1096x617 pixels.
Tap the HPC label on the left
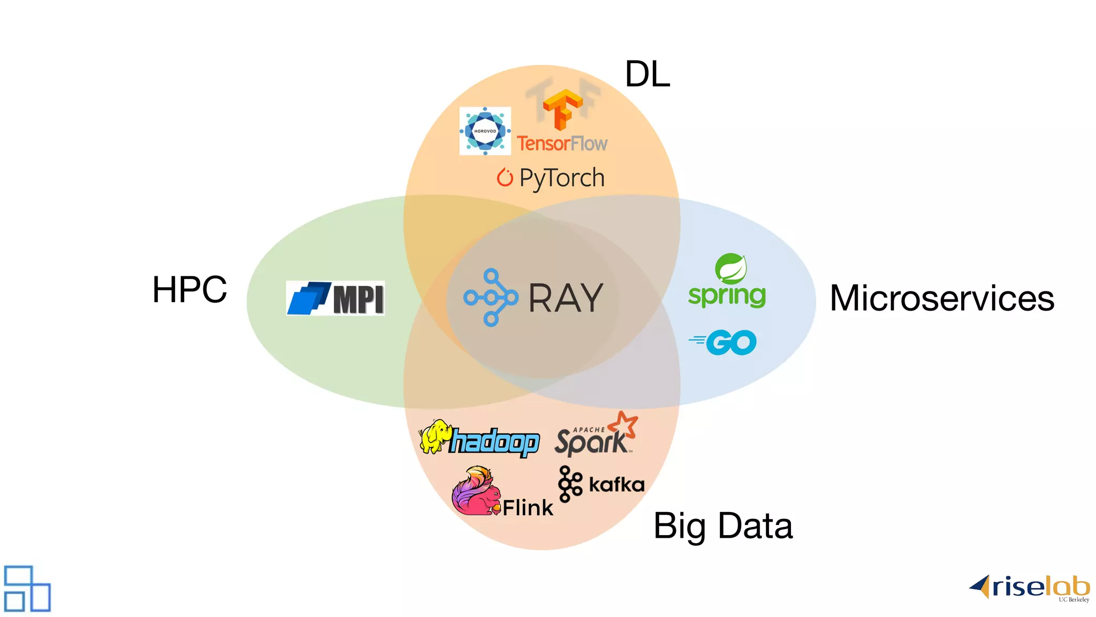[x=189, y=290]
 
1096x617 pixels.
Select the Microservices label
[x=942, y=298]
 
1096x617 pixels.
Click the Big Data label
[x=722, y=526]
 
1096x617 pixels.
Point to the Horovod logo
[x=485, y=131]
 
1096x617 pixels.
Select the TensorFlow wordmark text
[x=562, y=144]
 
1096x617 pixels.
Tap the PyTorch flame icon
[x=505, y=177]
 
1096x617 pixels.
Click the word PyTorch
[x=562, y=178]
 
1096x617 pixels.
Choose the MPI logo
[x=336, y=298]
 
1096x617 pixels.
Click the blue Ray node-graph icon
[x=491, y=298]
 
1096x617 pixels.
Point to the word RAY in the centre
[x=566, y=298]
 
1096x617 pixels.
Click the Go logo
[x=724, y=342]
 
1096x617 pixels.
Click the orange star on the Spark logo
[x=624, y=424]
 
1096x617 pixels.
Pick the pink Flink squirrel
[x=474, y=492]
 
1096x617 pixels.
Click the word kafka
[x=616, y=485]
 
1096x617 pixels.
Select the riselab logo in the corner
[x=1030, y=588]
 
